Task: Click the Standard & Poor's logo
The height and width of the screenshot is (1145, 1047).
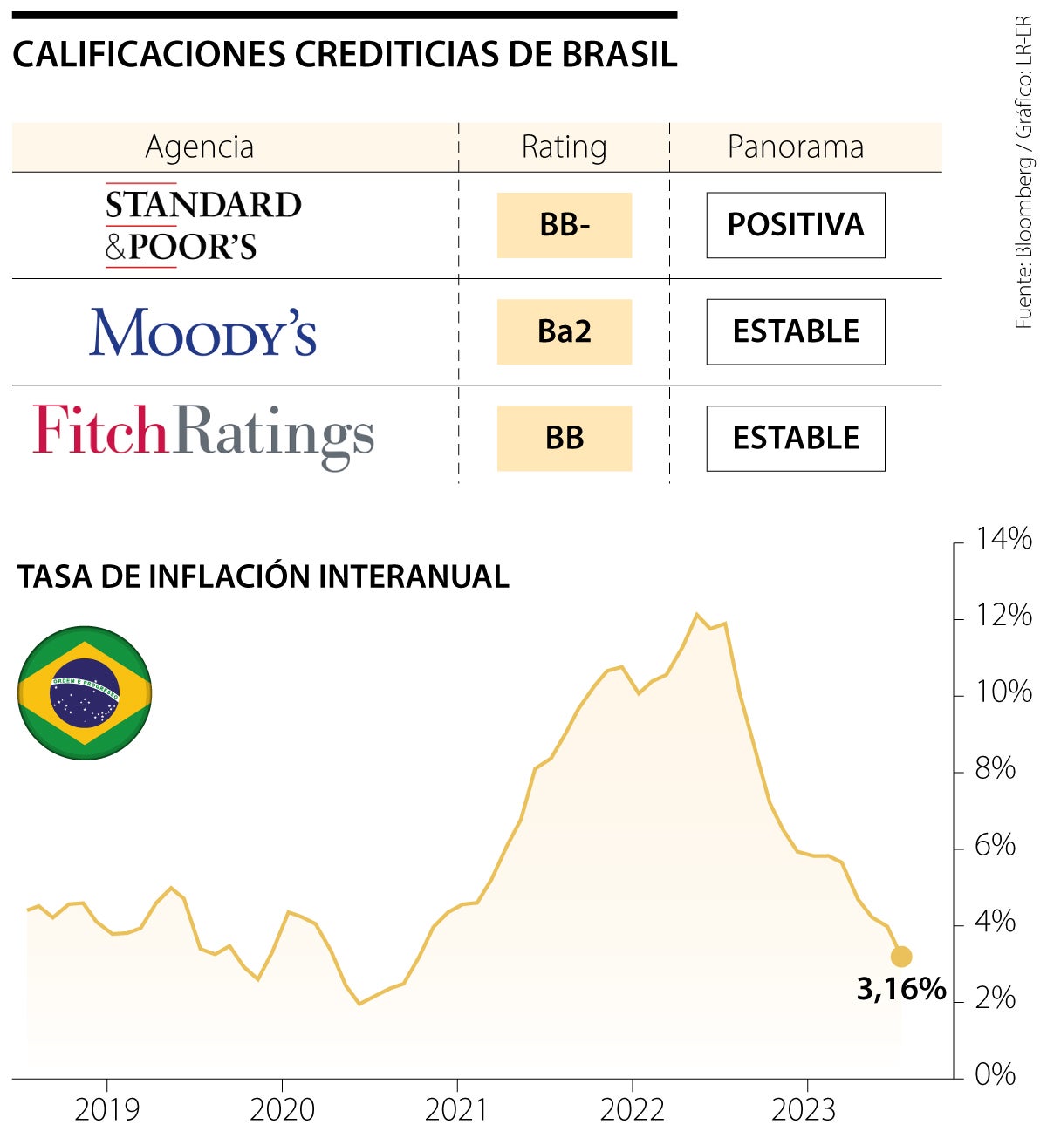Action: click(202, 225)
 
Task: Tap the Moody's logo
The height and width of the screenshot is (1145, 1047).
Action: click(202, 332)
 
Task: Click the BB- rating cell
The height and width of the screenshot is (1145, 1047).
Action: click(565, 225)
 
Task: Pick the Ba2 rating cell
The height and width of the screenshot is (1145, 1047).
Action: click(565, 331)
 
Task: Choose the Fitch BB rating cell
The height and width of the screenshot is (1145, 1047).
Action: click(565, 438)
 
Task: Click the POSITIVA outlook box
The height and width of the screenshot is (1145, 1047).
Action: click(796, 225)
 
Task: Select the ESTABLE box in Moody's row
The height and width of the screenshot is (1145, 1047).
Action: click(796, 331)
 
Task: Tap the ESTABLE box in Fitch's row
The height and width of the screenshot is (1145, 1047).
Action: click(796, 438)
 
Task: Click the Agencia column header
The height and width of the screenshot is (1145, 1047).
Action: click(200, 147)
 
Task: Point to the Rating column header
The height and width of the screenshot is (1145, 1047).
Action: click(564, 147)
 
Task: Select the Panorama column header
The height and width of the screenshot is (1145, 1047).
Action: click(796, 147)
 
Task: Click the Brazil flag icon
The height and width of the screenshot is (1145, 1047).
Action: click(85, 692)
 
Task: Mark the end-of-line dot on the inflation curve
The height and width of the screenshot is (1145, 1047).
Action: click(901, 957)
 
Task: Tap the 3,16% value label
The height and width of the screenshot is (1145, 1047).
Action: click(901, 989)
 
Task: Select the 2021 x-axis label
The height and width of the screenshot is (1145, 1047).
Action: click(457, 1109)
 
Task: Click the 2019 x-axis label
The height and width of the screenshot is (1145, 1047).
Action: click(106, 1109)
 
